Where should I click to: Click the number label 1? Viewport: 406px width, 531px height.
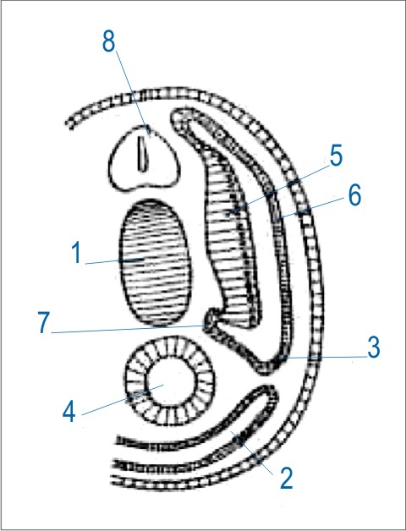click(x=77, y=254)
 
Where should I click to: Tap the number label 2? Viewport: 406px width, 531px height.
click(x=287, y=478)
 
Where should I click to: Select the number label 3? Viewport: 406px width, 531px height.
click(x=374, y=348)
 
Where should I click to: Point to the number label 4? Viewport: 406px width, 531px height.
click(x=69, y=412)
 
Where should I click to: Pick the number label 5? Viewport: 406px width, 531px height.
click(x=336, y=156)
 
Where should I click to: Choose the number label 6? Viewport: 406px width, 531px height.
click(x=354, y=195)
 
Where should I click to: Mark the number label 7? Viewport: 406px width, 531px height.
click(x=44, y=323)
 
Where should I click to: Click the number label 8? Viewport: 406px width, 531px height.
click(x=109, y=42)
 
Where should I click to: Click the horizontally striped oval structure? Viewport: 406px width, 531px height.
click(x=154, y=262)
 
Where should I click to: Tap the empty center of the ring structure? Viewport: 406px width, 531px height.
click(x=171, y=380)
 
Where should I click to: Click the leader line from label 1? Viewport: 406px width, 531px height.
click(x=115, y=260)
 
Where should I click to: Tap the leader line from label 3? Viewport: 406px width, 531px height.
click(x=322, y=357)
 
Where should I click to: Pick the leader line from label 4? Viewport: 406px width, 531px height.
click(x=123, y=400)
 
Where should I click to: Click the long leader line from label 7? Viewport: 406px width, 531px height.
click(x=129, y=329)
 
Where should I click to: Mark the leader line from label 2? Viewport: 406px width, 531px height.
click(x=252, y=452)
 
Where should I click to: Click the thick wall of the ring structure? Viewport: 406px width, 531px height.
click(x=135, y=380)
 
